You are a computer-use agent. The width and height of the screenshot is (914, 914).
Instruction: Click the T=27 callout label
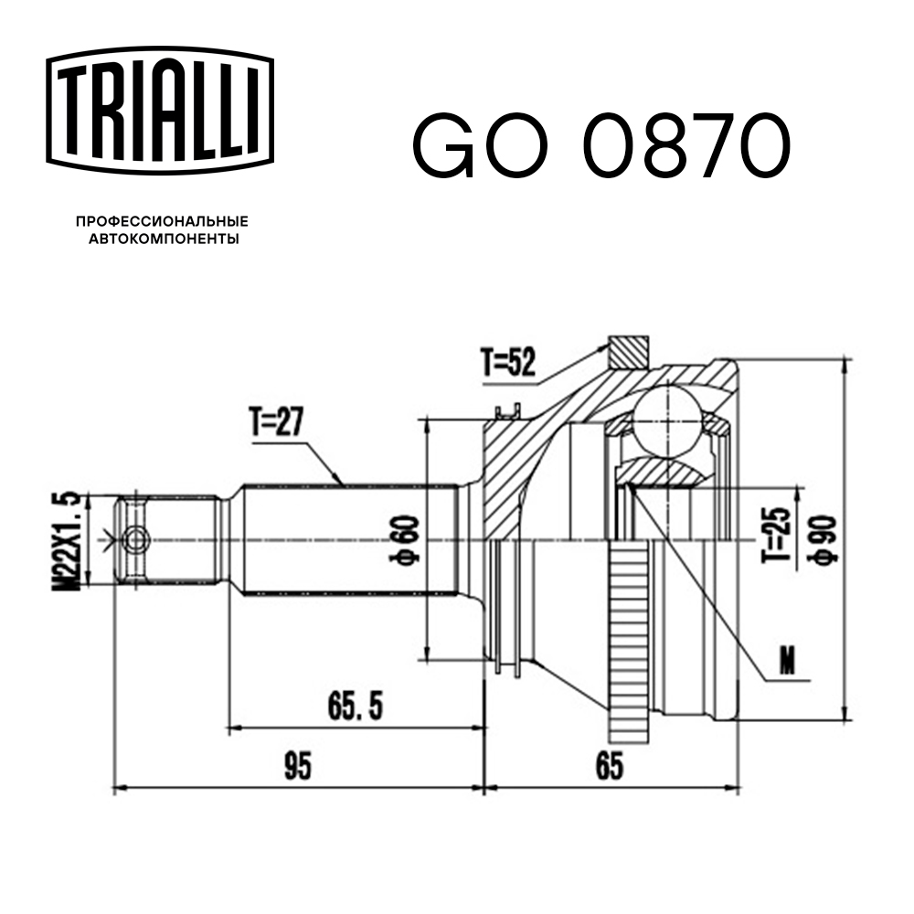pos(275,422)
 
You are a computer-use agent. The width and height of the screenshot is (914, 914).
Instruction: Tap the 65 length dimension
pos(610,766)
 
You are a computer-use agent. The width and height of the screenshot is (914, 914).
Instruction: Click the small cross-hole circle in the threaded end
pos(137,539)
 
